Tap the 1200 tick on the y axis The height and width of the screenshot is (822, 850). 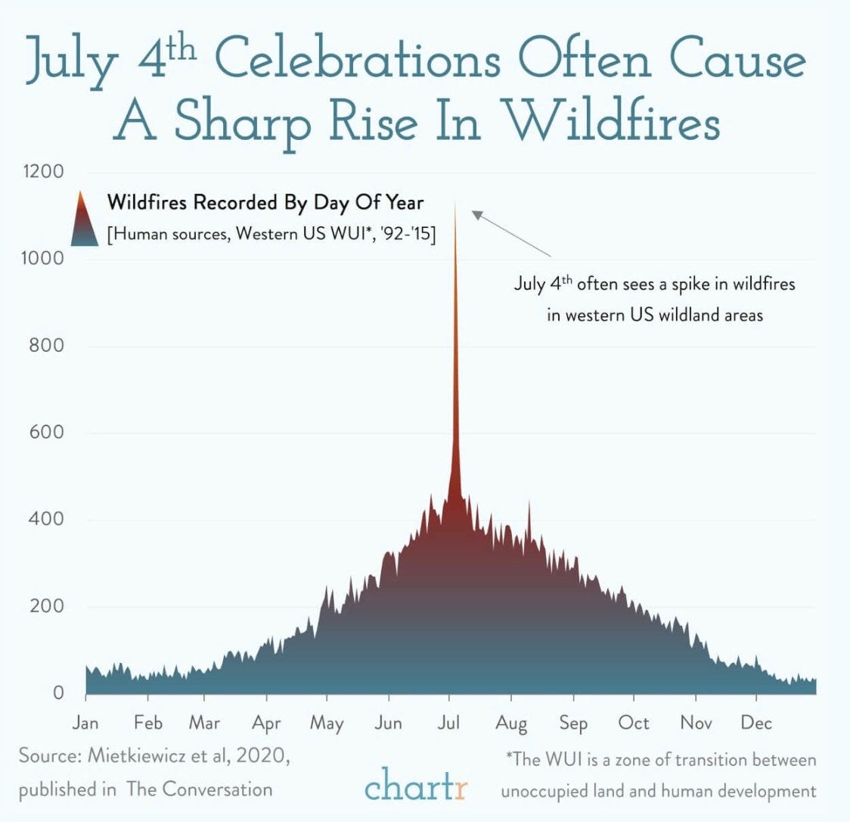42,171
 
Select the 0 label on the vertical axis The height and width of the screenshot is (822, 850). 57,693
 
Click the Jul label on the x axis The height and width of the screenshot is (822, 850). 449,722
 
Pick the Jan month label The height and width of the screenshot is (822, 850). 85,722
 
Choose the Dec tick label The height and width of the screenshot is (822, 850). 756,722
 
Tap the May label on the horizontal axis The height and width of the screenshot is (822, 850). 327,723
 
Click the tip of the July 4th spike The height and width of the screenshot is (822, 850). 455,201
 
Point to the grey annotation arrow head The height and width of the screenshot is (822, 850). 476,214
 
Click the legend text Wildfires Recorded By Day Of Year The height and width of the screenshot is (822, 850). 265,203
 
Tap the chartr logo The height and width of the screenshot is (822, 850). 416,783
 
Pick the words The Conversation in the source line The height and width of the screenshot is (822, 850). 200,789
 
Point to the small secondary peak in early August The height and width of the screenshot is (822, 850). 529,503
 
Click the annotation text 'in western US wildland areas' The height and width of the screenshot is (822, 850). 655,315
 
